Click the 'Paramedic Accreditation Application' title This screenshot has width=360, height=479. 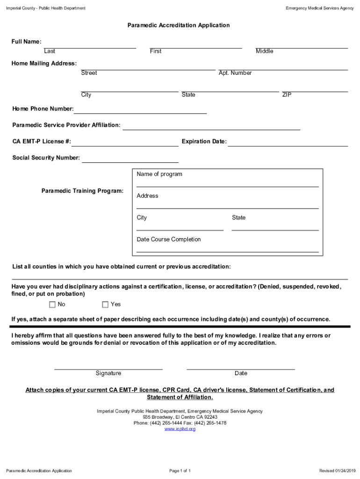tap(179, 25)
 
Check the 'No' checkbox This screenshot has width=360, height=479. tap(52, 305)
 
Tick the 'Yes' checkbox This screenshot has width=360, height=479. tap(105, 305)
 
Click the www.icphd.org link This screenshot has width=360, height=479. tap(180, 429)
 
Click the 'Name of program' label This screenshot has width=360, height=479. tap(159, 174)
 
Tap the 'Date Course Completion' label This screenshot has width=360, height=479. tap(169, 239)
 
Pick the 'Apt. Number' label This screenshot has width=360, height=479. tap(235, 73)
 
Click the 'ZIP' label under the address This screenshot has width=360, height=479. tap(287, 95)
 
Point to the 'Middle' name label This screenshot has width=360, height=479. tap(265, 51)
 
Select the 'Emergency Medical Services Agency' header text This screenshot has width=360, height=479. tap(320, 8)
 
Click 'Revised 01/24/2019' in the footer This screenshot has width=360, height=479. tap(337, 471)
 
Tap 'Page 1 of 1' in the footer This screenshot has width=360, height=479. tap(180, 471)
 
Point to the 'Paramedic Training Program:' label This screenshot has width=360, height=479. tap(83, 191)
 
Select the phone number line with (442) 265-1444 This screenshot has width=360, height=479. tap(180, 423)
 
